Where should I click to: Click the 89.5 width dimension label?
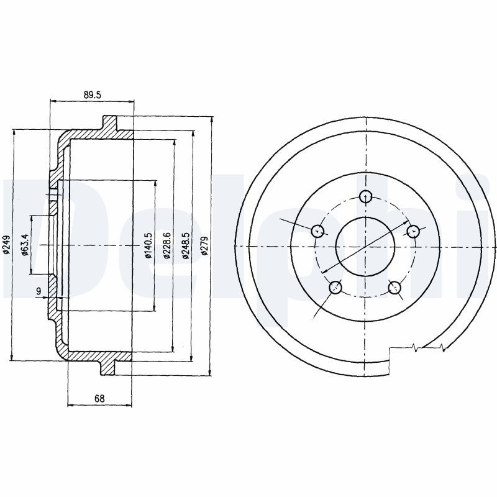tap(91, 94)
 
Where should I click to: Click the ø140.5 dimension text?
tap(148, 245)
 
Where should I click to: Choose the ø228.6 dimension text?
tap(166, 245)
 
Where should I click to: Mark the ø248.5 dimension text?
tap(185, 245)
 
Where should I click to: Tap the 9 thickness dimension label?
tap(39, 291)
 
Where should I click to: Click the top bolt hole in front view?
tap(367, 197)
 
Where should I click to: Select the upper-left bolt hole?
tap(318, 231)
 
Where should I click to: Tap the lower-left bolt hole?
tap(336, 287)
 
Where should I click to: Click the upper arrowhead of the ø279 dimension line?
tap(212, 119)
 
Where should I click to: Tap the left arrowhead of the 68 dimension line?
tap(70, 405)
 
